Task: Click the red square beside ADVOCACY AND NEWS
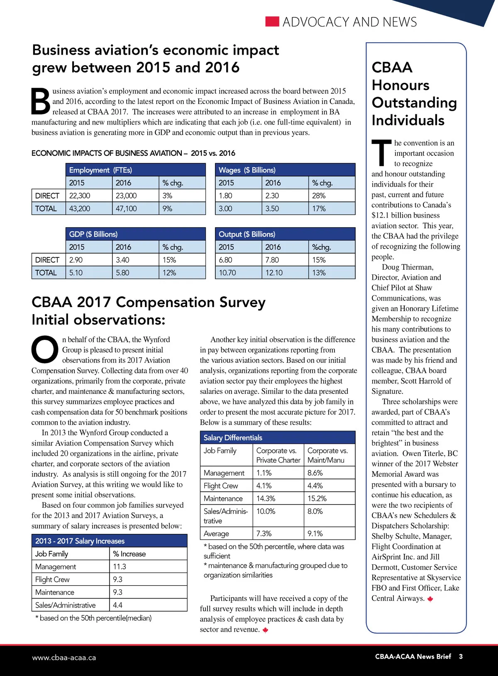coord(272,22)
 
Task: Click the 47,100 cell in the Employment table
coord(126,208)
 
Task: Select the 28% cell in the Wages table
coord(319,196)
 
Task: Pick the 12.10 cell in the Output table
coord(274,273)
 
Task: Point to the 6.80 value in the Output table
coord(226,260)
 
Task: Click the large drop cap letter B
coord(41,101)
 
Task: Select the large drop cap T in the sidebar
coord(381,153)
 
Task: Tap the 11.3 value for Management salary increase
coord(120,567)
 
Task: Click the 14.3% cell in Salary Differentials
coord(266,499)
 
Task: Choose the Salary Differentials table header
coord(233,438)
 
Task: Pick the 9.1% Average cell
coord(315,533)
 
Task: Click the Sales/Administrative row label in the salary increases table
coord(65,605)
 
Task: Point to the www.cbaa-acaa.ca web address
coord(64,658)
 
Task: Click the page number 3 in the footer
coord(461,657)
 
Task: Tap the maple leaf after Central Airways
coord(430,599)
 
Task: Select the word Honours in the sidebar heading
coord(400,85)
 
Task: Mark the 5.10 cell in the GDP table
coord(76,273)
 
